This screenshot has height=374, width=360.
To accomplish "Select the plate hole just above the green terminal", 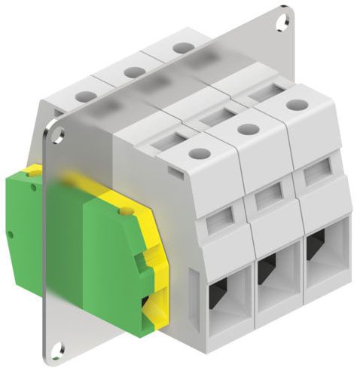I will tap(57, 135).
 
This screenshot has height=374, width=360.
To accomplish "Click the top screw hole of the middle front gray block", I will tap(245, 130).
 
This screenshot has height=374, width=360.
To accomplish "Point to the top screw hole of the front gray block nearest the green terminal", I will tap(198, 154).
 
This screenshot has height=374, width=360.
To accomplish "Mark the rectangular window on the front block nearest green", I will tap(221, 219).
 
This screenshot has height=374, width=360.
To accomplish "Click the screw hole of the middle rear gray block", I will tap(134, 72).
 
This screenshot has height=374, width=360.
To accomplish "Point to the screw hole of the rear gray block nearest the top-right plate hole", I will tap(182, 48).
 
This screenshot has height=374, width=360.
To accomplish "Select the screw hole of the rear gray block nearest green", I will tap(85, 97).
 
